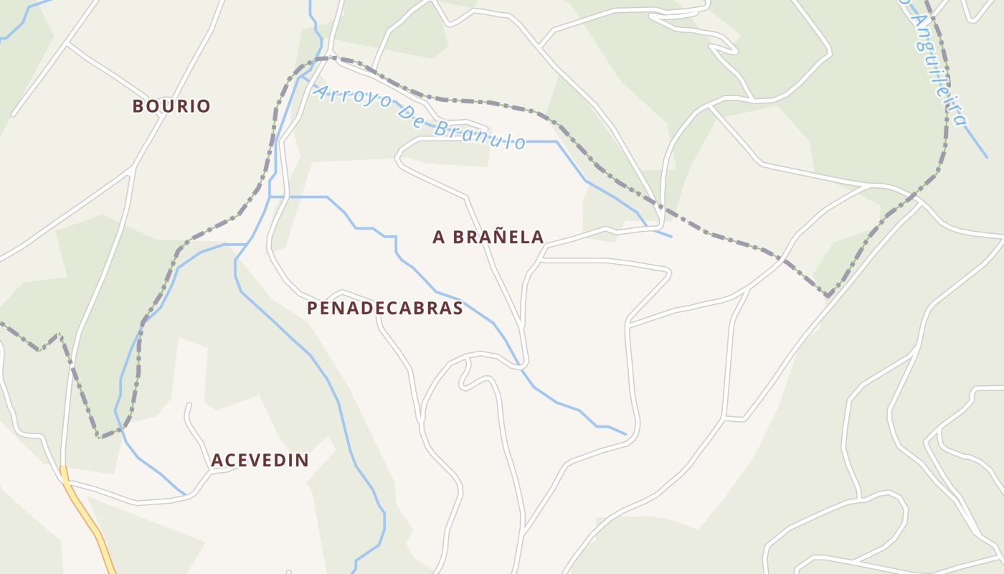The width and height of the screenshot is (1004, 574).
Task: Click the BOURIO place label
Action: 171,106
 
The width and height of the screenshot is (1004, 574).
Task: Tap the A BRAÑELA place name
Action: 488,237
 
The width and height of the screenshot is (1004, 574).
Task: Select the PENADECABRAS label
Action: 385,309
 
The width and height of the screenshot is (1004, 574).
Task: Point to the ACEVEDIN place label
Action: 260,460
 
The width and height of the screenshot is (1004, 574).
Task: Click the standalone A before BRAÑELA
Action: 438,237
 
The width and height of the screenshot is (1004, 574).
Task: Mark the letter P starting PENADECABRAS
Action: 312,309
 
